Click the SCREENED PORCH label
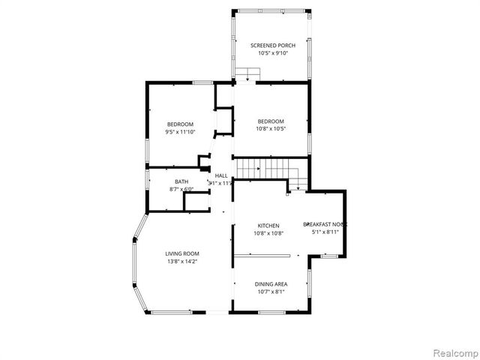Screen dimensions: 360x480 coord(272,46)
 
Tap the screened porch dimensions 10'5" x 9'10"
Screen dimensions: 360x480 coord(272,53)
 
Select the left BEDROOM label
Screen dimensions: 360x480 coord(180,124)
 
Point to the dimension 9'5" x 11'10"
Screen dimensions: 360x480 coord(180,132)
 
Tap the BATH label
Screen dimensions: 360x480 coord(181,181)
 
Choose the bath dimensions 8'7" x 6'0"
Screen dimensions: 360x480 coord(181,189)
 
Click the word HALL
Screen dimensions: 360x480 coord(221,175)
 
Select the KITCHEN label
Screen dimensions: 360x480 coord(268,226)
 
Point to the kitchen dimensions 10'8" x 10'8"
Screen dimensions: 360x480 coord(268,233)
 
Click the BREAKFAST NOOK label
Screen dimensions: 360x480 coord(325,224)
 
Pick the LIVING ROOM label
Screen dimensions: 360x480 coord(182,253)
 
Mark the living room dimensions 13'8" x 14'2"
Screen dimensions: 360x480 coord(182,261)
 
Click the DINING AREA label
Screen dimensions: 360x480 coord(270,284)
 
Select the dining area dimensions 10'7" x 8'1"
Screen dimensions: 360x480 coord(270,292)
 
